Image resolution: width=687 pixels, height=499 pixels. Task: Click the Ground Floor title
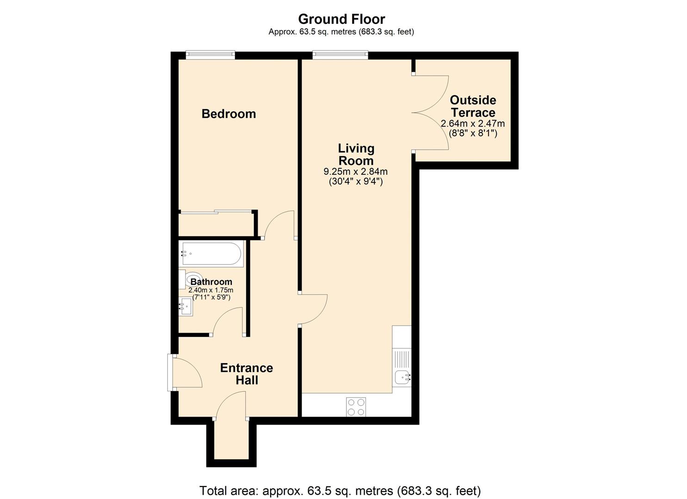coord(341,19)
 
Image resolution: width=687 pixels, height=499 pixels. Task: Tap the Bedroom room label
coord(229,114)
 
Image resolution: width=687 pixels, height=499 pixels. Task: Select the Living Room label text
coord(356,154)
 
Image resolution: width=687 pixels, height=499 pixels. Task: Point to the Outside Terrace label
coord(473,106)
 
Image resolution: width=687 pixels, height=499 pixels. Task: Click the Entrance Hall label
coord(247,374)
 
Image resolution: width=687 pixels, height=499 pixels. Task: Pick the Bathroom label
coord(211,282)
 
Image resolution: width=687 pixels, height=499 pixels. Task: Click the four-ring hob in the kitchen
coord(356,407)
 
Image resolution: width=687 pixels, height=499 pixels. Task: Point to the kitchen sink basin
coord(402,378)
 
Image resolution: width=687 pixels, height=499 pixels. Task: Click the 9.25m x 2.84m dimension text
coord(355,171)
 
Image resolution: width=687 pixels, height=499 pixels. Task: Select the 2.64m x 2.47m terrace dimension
coord(473,124)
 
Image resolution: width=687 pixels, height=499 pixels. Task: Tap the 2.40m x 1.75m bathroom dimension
coord(211,290)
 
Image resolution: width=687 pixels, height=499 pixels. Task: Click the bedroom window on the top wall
coord(210,55)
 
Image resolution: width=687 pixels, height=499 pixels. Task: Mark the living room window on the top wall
coord(340,55)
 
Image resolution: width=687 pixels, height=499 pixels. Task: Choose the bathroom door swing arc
coord(227,321)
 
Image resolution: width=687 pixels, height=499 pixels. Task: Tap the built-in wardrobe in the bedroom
coord(216,224)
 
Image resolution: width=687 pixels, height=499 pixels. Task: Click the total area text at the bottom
coord(340,490)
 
